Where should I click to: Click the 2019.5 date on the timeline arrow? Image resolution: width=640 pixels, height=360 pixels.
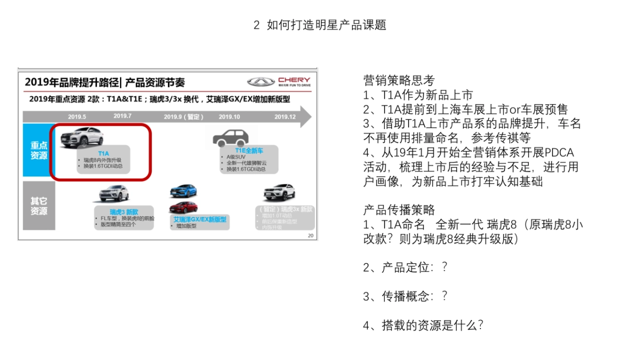[77, 117]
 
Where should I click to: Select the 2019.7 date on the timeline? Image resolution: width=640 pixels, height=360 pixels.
[122, 116]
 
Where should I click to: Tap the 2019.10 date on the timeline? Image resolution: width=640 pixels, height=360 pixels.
[229, 117]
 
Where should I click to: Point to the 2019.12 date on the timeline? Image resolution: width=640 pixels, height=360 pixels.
[285, 117]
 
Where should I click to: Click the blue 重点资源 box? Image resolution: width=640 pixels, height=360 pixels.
[38, 150]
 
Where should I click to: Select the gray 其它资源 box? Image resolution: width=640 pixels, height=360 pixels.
[38, 206]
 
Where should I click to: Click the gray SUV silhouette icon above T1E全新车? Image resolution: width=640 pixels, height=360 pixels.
[230, 138]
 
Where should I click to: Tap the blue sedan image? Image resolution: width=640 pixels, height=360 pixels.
[183, 191]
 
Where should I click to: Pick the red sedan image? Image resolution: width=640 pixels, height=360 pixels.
[183, 207]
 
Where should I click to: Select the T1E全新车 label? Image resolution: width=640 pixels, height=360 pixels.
[249, 150]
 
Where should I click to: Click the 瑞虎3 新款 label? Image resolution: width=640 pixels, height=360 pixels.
[124, 211]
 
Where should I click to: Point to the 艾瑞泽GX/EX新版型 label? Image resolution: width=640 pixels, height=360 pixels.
[199, 219]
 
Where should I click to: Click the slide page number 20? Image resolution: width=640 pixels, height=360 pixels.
[311, 236]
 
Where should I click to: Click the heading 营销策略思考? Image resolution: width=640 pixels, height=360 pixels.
[399, 81]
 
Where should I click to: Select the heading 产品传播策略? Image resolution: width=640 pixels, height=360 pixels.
[399, 210]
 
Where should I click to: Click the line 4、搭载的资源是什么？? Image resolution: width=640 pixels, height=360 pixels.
[423, 325]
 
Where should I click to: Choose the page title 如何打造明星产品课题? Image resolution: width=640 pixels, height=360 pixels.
[326, 25]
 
